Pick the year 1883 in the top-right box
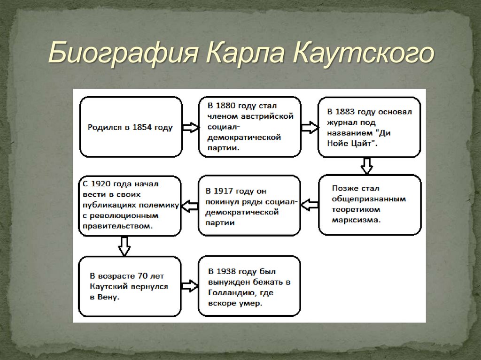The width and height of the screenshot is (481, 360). pos(348,112)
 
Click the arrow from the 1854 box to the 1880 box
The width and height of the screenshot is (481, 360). pos(190,127)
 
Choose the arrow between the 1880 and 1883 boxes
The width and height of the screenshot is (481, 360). pos(309,127)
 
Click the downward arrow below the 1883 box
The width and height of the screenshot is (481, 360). pos(366,166)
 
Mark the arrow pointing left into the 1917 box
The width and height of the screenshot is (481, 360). pos(309,205)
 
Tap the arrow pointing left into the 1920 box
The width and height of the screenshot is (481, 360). pos(190,205)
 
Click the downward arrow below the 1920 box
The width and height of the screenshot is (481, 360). pos(124,245)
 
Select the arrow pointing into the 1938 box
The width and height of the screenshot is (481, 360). pos(190,285)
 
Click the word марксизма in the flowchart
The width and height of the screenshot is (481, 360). pos(356,220)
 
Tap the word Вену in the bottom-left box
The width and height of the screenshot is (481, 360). pos(108,297)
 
